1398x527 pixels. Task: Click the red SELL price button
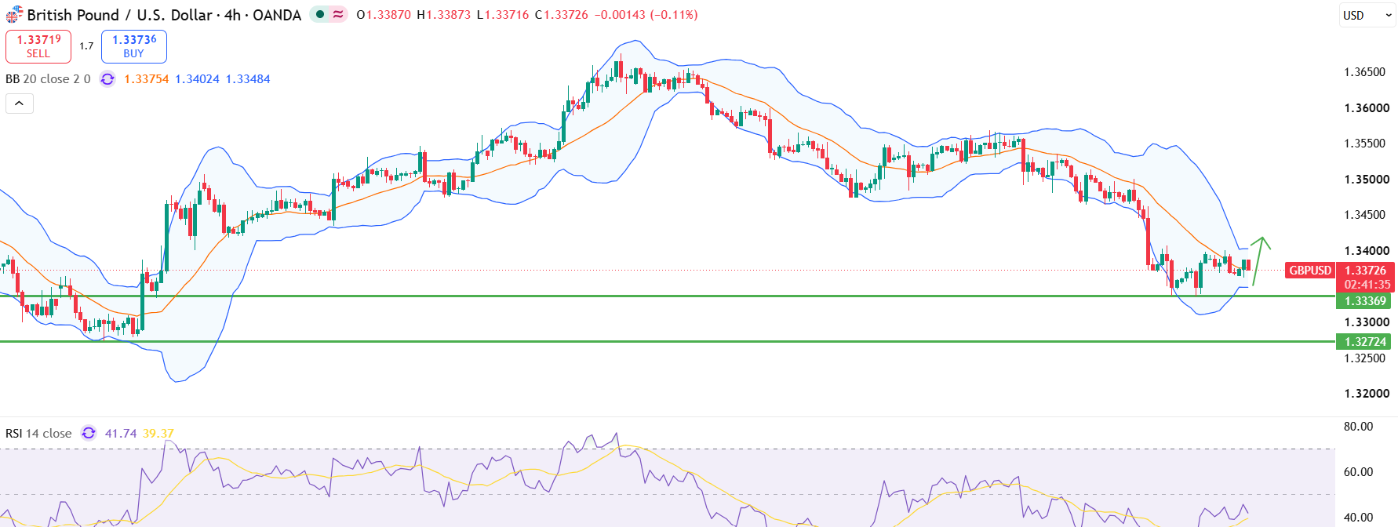38,46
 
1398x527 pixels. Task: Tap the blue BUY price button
134,46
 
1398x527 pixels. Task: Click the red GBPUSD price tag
1309,271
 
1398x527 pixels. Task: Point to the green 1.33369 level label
1365,301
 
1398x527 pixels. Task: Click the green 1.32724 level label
1365,342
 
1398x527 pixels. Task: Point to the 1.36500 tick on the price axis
1365,72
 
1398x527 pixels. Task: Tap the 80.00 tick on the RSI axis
1358,427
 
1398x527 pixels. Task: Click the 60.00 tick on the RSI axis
1358,472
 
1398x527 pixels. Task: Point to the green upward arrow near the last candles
1260,260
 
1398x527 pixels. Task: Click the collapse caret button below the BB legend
20,104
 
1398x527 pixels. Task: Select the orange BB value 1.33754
147,79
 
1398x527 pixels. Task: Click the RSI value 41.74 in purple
121,434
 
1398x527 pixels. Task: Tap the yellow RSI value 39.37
158,434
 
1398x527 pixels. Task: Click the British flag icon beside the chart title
14,15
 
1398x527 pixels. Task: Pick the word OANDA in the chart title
277,15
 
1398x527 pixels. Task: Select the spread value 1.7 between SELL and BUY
86,46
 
